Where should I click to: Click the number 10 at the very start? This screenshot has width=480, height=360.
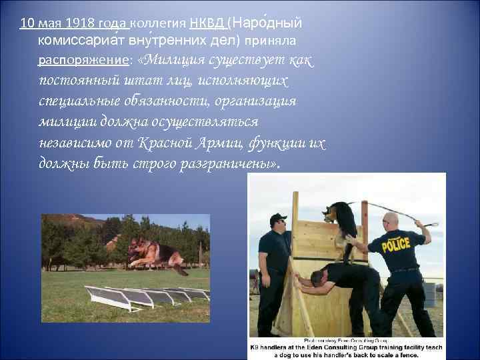point(27,24)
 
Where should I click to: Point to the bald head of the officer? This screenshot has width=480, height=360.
point(391,219)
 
